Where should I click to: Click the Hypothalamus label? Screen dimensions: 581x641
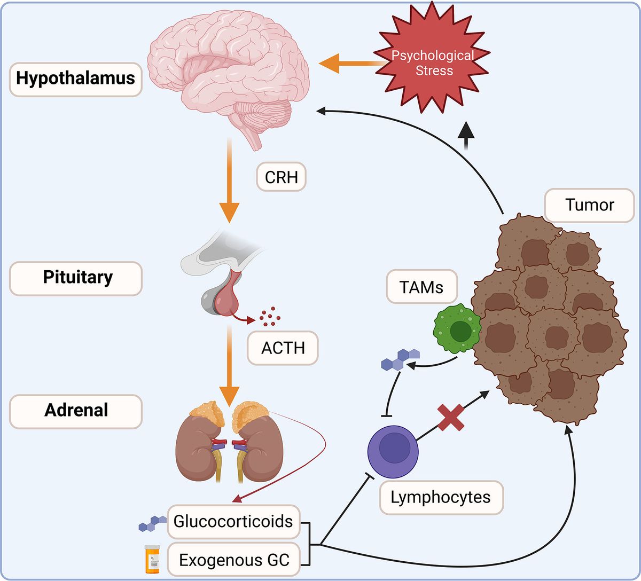pyautogui.click(x=75, y=78)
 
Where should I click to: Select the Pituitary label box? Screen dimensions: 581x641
pyautogui.click(x=76, y=278)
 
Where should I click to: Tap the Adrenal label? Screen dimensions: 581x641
pyautogui.click(x=76, y=411)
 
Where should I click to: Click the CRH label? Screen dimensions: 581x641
pyautogui.click(x=281, y=177)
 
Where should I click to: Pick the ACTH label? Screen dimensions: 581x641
pyautogui.click(x=283, y=348)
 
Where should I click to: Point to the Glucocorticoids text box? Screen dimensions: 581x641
pyautogui.click(x=233, y=521)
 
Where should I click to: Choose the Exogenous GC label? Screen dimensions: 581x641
pyautogui.click(x=234, y=560)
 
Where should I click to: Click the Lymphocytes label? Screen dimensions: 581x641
pyautogui.click(x=441, y=497)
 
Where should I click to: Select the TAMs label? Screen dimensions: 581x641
pyautogui.click(x=421, y=287)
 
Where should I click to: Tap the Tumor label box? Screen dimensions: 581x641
pyautogui.click(x=589, y=205)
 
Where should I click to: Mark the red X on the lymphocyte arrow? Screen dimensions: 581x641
pyautogui.click(x=451, y=417)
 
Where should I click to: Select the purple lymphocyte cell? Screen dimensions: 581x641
pyautogui.click(x=393, y=451)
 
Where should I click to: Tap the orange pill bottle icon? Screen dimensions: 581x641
pyautogui.click(x=152, y=559)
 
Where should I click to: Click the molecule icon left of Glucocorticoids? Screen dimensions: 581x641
pyautogui.click(x=152, y=523)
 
